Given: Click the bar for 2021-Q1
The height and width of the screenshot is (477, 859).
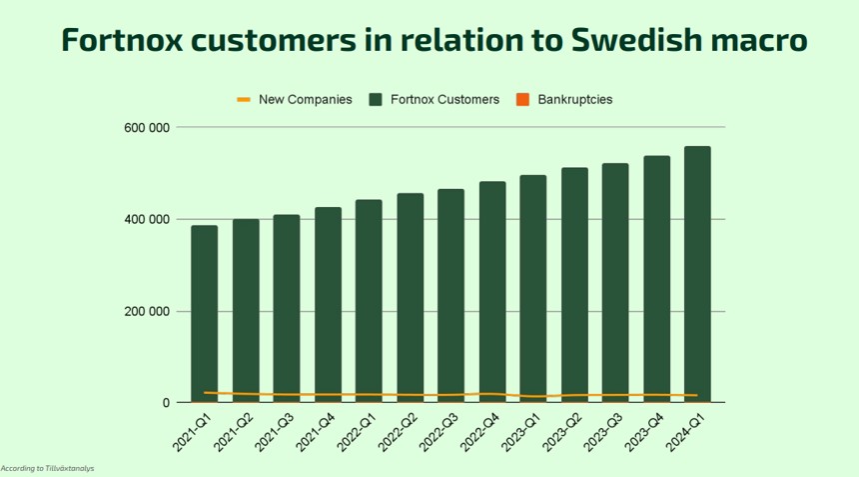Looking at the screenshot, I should click(x=205, y=310).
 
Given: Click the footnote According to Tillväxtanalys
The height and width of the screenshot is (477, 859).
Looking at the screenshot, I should click(x=48, y=468).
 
